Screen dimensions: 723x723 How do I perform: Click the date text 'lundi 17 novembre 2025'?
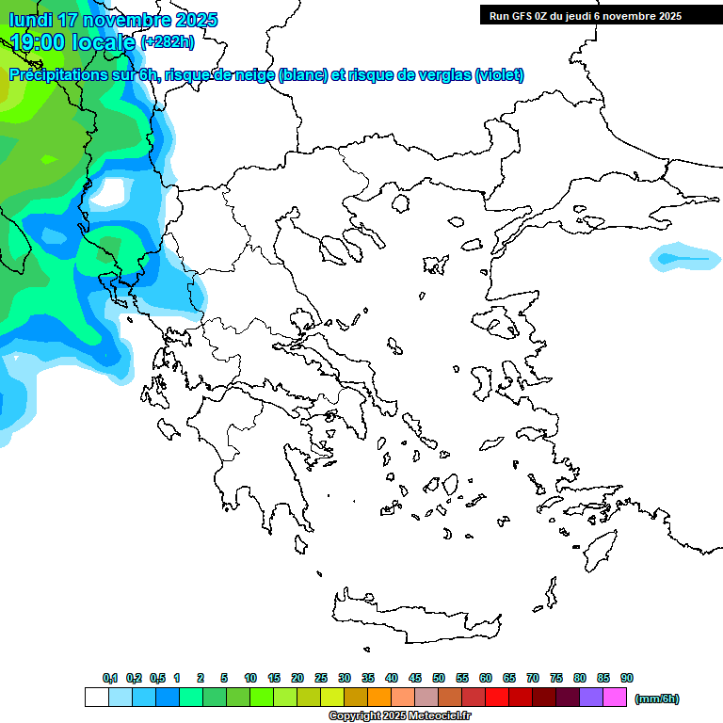click(x=113, y=20)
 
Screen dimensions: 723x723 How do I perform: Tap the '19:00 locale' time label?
click(x=73, y=41)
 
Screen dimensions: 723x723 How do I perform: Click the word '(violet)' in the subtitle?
click(x=499, y=75)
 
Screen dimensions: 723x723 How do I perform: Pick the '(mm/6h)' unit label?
click(x=656, y=699)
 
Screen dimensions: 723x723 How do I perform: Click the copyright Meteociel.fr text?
click(x=399, y=715)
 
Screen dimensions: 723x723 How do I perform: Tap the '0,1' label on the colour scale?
click(x=110, y=678)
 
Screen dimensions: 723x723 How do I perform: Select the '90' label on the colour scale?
click(x=627, y=678)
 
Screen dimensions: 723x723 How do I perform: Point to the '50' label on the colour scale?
click(x=439, y=678)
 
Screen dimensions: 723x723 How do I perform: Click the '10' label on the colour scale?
click(x=250, y=678)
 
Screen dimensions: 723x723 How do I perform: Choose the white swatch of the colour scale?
click(x=96, y=698)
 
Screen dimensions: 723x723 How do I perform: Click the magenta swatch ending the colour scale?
click(x=615, y=698)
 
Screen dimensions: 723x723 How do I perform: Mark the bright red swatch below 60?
click(x=497, y=698)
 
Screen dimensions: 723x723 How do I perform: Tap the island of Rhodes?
click(x=599, y=550)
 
